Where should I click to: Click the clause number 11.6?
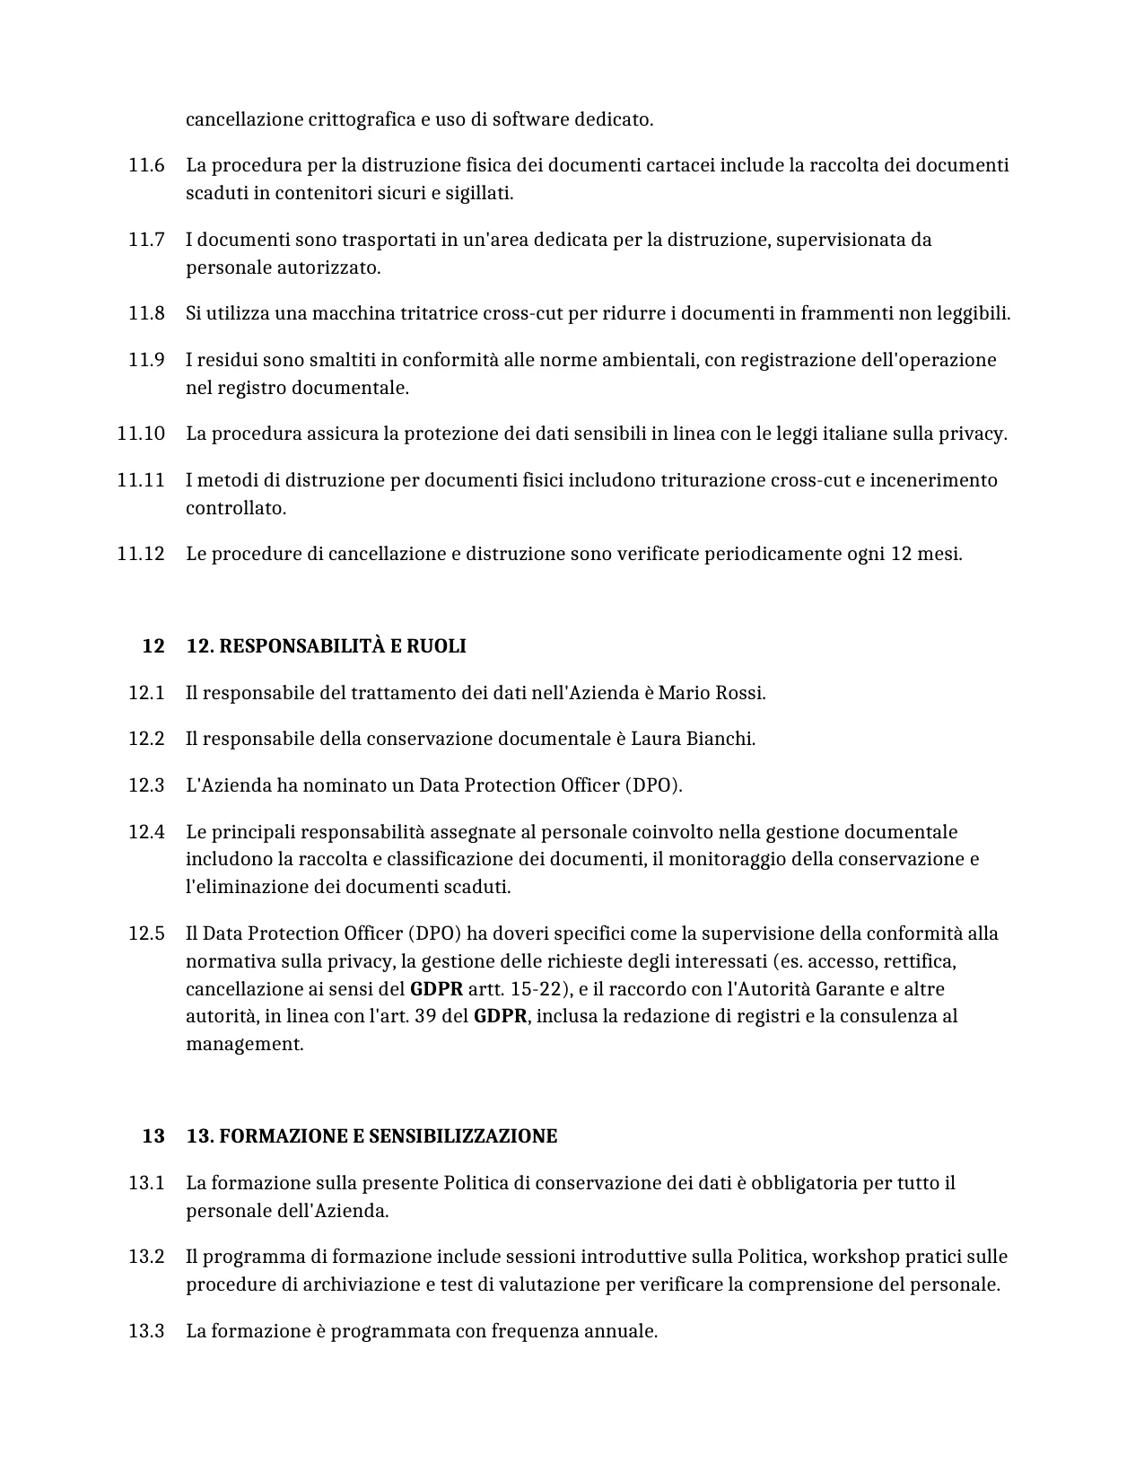pos(146,165)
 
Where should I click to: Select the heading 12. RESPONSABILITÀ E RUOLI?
pos(326,646)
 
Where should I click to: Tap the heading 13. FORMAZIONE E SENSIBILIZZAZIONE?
pos(371,1136)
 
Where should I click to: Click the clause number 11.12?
pos(141,554)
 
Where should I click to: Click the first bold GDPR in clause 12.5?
pos(436,989)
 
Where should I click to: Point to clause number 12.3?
pos(146,785)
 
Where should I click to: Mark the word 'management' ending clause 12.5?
pos(244,1044)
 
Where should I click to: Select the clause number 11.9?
pos(146,360)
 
